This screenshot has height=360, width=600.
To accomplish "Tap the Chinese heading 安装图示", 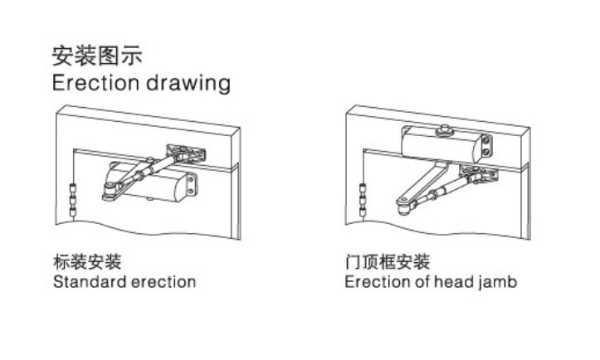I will pyautogui.click(x=97, y=56).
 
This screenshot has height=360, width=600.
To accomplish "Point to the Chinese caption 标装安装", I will pyautogui.click(x=87, y=263).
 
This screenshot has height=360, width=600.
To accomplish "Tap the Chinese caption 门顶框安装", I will pyautogui.click(x=388, y=263).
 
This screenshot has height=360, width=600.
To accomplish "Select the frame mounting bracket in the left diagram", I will pyautogui.click(x=183, y=153).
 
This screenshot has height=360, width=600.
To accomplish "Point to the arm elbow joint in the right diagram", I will pyautogui.click(x=402, y=202).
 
